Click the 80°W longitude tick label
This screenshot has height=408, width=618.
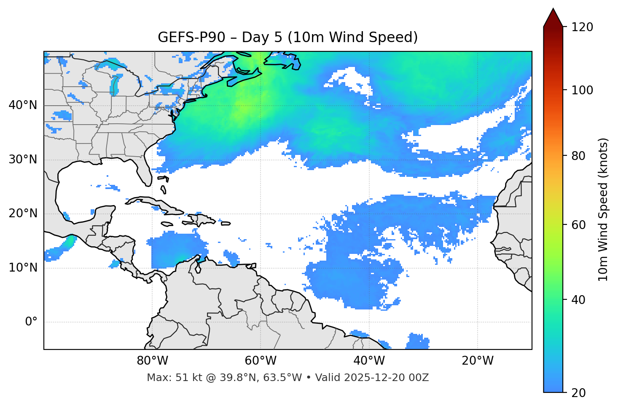(152, 361)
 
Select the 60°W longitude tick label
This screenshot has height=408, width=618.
(261, 361)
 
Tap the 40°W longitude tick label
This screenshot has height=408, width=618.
(369, 361)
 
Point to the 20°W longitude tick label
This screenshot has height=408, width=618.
(477, 361)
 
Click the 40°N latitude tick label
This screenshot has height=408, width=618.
(23, 105)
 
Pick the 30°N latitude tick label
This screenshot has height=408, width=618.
(23, 160)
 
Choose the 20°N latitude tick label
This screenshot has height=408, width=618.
(23, 213)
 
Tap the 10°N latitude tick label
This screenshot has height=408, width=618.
(23, 268)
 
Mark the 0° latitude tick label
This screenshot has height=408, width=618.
(31, 322)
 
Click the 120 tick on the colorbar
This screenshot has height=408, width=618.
(582, 27)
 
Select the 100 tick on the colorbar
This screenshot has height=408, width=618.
(582, 90)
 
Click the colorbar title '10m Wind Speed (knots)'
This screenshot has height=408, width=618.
(603, 209)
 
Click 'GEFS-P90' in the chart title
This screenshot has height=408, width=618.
(191, 37)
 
